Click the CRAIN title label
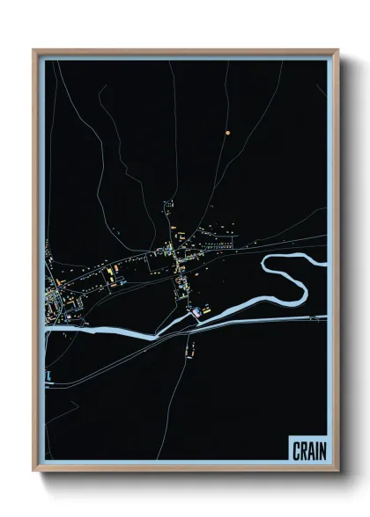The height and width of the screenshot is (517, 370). [x=309, y=451]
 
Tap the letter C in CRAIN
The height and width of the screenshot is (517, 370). [x=297, y=451]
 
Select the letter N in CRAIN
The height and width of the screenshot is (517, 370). [x=322, y=451]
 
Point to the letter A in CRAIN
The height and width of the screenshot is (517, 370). [x=311, y=451]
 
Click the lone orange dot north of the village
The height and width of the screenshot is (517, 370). [x=227, y=133]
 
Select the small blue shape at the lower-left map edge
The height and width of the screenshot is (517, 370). [x=50, y=376]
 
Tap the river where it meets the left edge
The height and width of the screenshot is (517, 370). [x=48, y=332]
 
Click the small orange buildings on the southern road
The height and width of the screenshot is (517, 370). [x=189, y=350]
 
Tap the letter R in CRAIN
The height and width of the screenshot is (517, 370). [x=304, y=451]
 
